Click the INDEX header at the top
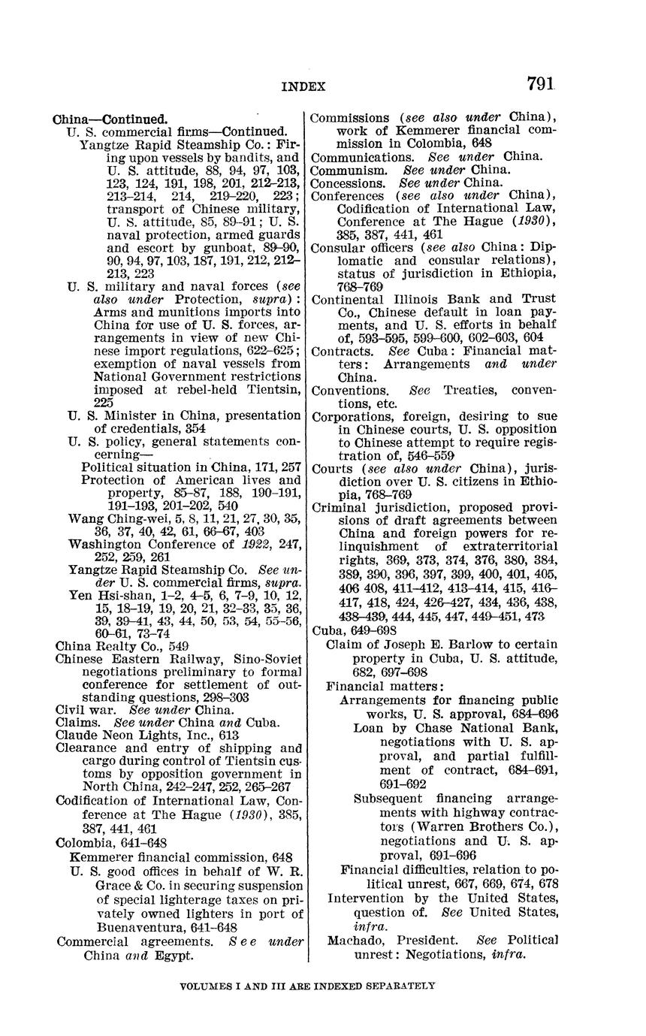coord(303,86)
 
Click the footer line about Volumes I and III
coord(308,985)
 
